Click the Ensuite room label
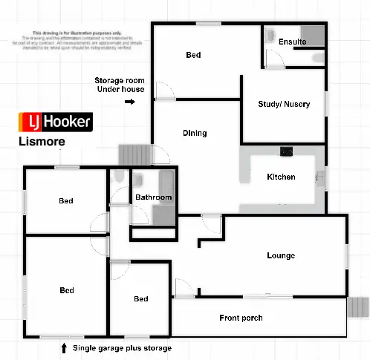292,42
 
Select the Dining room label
195,134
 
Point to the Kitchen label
281,177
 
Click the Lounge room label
281,256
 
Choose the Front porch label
241,318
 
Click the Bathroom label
153,197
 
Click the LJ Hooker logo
56,122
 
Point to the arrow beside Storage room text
129,102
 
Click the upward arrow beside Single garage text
62,347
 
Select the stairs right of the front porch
359,307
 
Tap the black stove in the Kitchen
285,152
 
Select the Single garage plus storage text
122,347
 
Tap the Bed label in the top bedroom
193,55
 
